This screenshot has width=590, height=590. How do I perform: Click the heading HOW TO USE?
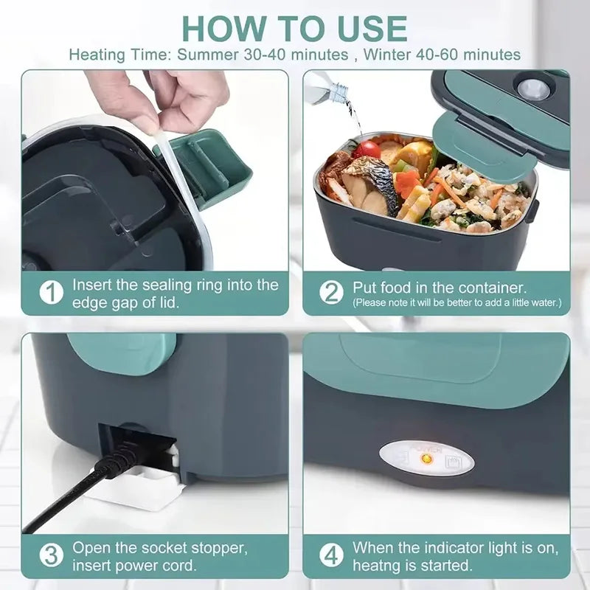(295, 27)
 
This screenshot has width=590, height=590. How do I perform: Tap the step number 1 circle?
(50, 293)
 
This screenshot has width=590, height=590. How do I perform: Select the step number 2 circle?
(331, 293)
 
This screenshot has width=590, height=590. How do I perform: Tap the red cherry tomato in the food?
(366, 150)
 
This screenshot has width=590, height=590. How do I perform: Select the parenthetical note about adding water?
(457, 303)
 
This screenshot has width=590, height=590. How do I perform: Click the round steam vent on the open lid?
(532, 90)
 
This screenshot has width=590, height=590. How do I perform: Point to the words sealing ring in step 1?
(212, 285)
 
